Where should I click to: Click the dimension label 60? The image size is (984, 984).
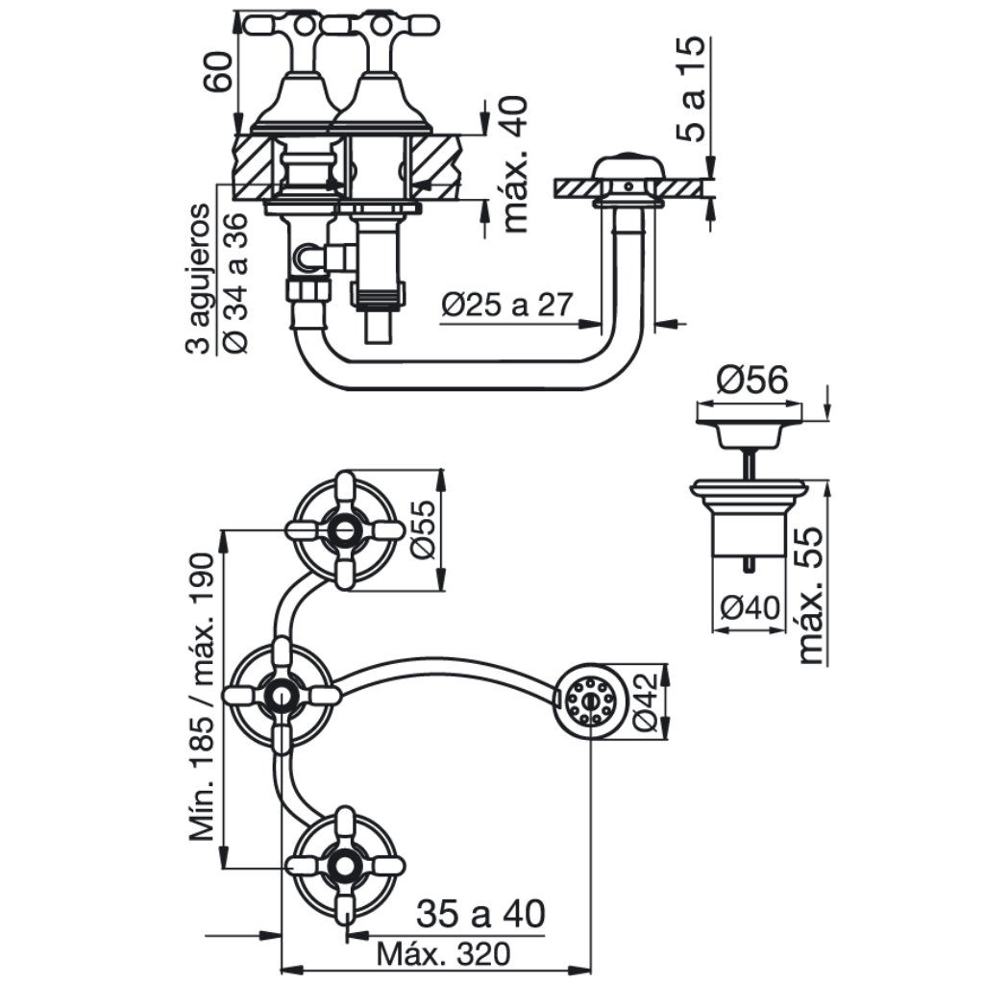pyautogui.click(x=220, y=71)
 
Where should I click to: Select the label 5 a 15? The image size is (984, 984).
pyautogui.click(x=691, y=89)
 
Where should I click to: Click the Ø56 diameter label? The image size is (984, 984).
pyautogui.click(x=751, y=381)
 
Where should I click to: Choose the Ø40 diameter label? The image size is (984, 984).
pyautogui.click(x=750, y=607)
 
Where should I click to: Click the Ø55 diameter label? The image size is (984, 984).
pyautogui.click(x=422, y=529)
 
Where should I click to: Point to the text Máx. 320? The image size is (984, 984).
pyautogui.click(x=443, y=954)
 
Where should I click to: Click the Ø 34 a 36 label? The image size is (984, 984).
pyautogui.click(x=236, y=283)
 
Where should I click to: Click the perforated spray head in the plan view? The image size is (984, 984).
pyautogui.click(x=589, y=701)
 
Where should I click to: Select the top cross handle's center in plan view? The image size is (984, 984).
pyautogui.click(x=344, y=530)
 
